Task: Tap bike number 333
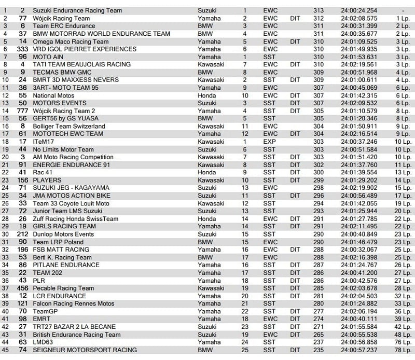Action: (22, 49)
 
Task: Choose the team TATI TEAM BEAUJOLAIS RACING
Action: (81, 65)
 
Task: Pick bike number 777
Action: (22, 111)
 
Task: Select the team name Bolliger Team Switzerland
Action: (69, 126)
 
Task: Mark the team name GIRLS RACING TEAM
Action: (64, 227)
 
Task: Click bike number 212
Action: (22, 234)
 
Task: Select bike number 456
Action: (22, 288)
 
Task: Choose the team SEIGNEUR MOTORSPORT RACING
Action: (85, 350)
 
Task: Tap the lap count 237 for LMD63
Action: (318, 342)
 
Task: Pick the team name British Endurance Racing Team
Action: (77, 335)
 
